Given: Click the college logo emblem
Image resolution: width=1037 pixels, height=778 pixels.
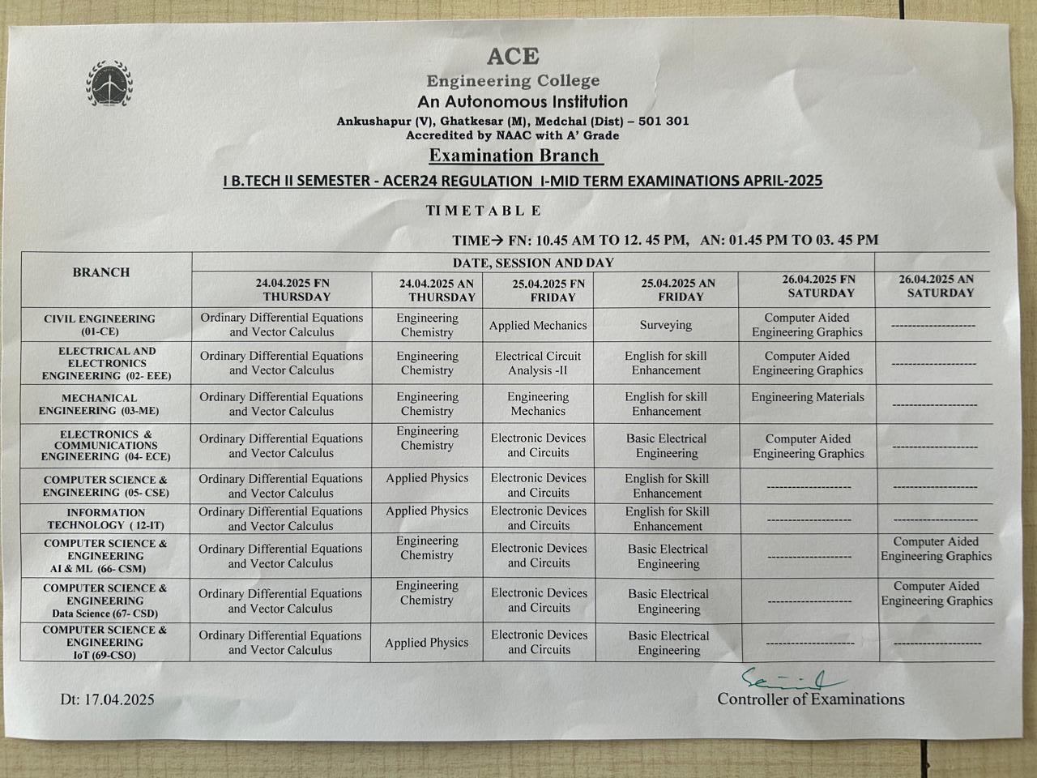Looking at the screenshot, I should click(110, 83).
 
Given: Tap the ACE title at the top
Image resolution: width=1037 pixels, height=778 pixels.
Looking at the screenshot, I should click(513, 56).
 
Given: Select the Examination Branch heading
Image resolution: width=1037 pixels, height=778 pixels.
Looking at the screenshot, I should click(514, 156).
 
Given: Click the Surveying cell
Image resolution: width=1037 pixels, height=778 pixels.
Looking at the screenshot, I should click(666, 325).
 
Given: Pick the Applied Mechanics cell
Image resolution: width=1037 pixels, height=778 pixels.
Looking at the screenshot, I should click(538, 326).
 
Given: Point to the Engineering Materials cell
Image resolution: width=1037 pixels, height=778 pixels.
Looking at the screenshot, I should click(808, 397).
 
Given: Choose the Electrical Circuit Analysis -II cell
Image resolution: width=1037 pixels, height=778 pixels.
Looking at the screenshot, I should click(539, 363).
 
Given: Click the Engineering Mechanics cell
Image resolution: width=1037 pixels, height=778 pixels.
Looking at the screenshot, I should click(538, 404).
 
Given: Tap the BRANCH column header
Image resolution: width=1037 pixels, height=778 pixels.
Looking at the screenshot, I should click(101, 272).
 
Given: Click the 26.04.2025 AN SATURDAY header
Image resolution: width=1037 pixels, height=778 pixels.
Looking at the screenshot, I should click(937, 286).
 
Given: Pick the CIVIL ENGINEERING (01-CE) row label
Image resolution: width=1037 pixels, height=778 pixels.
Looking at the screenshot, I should click(100, 325).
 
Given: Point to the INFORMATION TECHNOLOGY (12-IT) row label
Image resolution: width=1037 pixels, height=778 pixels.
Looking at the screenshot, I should click(106, 519).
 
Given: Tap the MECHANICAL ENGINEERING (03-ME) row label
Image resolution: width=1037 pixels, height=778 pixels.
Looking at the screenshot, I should click(100, 404).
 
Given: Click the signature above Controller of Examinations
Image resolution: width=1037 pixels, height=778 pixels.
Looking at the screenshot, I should click(790, 679).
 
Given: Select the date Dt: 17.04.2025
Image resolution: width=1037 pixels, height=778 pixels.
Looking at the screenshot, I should click(107, 699).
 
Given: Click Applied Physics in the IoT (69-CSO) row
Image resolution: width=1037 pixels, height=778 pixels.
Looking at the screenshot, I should click(427, 643).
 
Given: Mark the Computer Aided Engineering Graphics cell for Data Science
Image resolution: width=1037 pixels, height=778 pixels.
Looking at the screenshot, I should click(937, 593).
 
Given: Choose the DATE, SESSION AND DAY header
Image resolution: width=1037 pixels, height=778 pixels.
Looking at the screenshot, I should click(533, 263).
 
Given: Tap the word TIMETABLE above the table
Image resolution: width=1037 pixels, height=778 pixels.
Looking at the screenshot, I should click(484, 211).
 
